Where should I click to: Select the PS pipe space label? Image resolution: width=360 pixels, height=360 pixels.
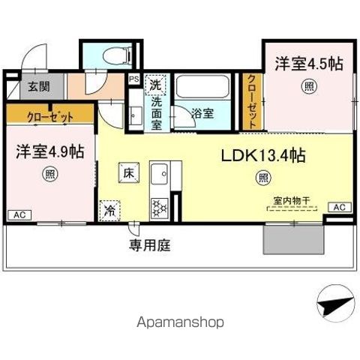click(x=133, y=78)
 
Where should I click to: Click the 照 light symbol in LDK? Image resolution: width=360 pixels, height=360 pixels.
click(x=263, y=178)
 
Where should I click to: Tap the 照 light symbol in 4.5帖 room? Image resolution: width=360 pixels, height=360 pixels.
click(x=309, y=87)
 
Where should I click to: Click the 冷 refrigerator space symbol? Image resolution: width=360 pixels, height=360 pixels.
click(x=109, y=210)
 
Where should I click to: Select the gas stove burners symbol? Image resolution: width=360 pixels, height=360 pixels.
click(x=159, y=205)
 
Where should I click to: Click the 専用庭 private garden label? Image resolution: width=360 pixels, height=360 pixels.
click(x=149, y=244)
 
